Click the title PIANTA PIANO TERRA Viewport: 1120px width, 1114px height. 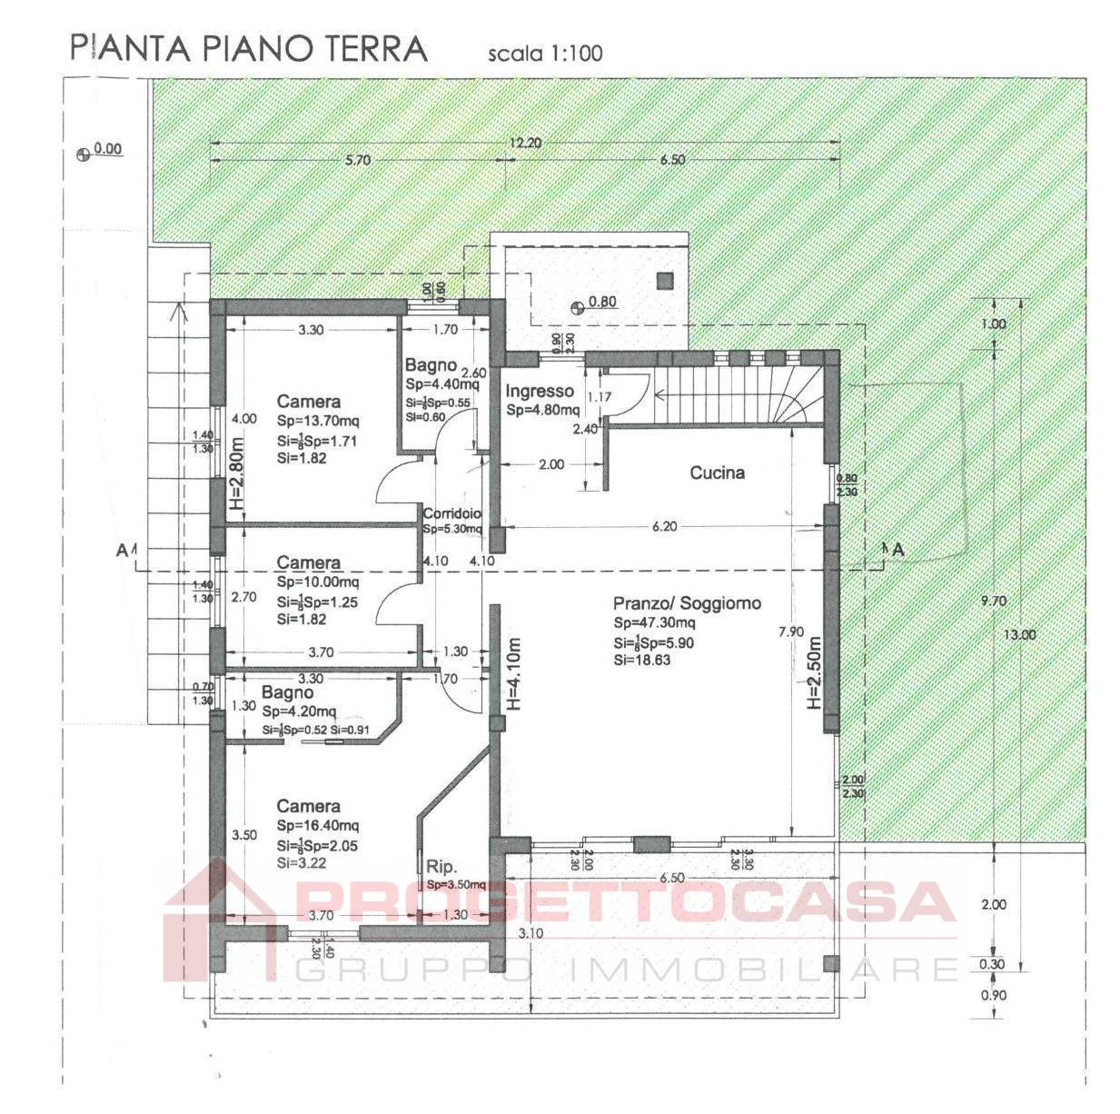[248, 48]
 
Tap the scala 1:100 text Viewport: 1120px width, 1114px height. [545, 54]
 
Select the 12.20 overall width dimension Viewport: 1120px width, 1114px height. [525, 143]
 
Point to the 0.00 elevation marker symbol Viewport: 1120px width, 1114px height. [84, 154]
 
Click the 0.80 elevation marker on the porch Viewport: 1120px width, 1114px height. [578, 307]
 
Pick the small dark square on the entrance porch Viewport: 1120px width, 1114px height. [666, 281]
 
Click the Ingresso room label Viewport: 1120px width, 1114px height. [540, 392]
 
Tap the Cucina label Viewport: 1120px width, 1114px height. [717, 472]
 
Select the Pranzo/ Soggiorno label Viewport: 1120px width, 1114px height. [687, 603]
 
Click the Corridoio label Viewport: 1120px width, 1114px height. [451, 514]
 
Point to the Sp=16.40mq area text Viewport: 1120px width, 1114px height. [318, 826]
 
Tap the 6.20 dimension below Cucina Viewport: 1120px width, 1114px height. [665, 526]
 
